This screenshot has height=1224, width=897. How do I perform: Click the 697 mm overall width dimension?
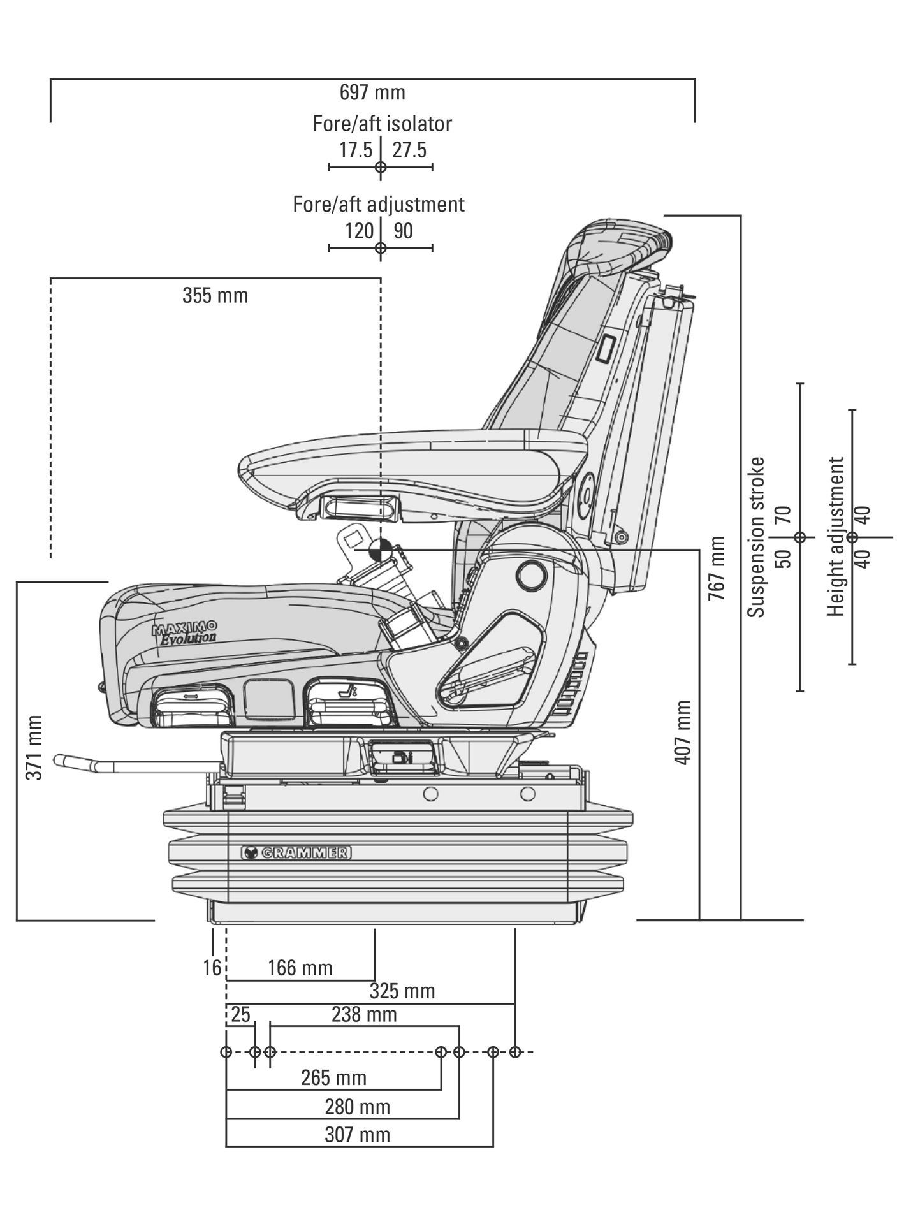click(x=372, y=92)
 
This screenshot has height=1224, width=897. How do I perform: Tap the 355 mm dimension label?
click(x=215, y=296)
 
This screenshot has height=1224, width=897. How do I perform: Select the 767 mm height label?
click(x=717, y=569)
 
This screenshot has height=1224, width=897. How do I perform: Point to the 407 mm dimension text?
click(x=682, y=732)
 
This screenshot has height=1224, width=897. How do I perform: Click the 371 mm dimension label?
click(x=34, y=747)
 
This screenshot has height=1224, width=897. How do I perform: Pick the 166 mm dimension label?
click(x=300, y=968)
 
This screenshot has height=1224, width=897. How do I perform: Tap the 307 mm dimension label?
click(x=357, y=1135)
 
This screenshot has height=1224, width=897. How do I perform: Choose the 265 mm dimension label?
click(x=333, y=1078)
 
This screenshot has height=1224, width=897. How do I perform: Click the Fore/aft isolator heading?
click(x=382, y=123)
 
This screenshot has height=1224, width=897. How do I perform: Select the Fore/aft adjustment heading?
click(x=379, y=204)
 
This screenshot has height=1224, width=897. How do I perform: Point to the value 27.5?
click(x=409, y=150)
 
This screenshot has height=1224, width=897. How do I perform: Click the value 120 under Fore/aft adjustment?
click(x=359, y=231)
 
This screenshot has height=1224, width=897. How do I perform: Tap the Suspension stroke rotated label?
click(x=756, y=537)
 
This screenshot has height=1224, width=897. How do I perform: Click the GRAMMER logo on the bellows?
click(x=296, y=852)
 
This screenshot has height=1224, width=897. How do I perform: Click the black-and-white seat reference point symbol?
click(x=380, y=549)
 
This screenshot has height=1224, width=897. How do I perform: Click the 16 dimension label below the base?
click(x=212, y=968)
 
